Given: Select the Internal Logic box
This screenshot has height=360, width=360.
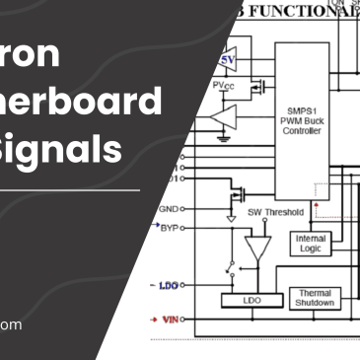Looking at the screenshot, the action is click(310, 244).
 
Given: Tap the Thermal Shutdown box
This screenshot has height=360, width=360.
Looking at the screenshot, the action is click(314, 297).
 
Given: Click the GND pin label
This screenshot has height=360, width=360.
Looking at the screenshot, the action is click(168, 209).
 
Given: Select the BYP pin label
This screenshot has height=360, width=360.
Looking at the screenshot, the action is click(169, 227).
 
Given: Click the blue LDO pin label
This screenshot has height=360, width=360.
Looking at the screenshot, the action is click(166, 286).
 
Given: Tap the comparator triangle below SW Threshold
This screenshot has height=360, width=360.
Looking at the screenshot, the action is click(258, 247).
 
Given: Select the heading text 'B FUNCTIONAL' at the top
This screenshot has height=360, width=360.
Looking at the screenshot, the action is click(295, 11).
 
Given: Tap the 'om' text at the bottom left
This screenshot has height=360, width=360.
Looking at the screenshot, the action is click(10, 324).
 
